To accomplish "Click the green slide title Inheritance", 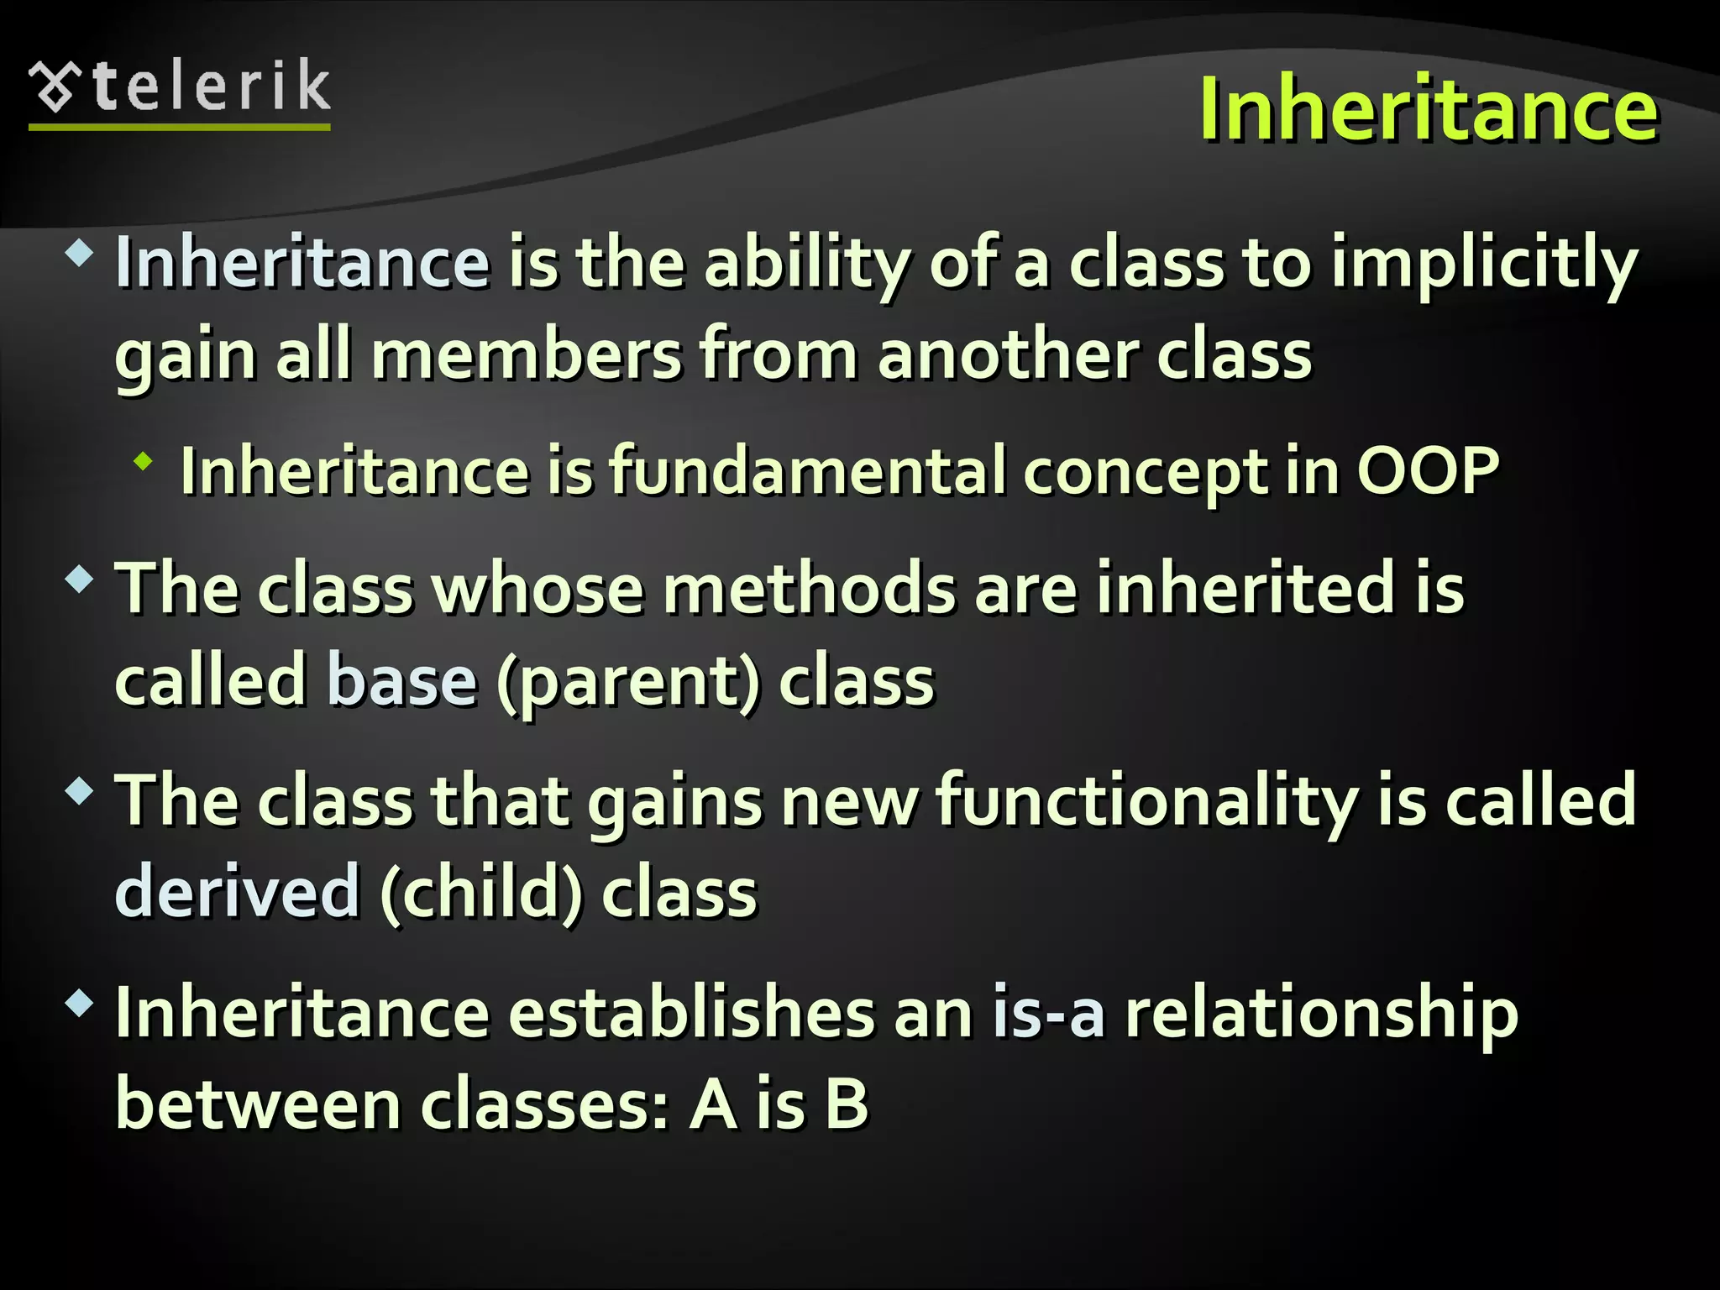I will point(1428,109).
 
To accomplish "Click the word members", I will point(527,355).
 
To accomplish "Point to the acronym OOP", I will point(1428,471).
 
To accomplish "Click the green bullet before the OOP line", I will point(144,461).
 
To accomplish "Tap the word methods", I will point(809,589).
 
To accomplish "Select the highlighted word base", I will point(402,680).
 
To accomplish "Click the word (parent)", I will point(628,682).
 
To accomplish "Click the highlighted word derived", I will point(238,893).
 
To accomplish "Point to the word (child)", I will point(480,893).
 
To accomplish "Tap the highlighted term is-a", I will point(1048,1013).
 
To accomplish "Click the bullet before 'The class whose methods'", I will point(80,579).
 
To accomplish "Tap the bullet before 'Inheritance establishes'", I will point(80,1002).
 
